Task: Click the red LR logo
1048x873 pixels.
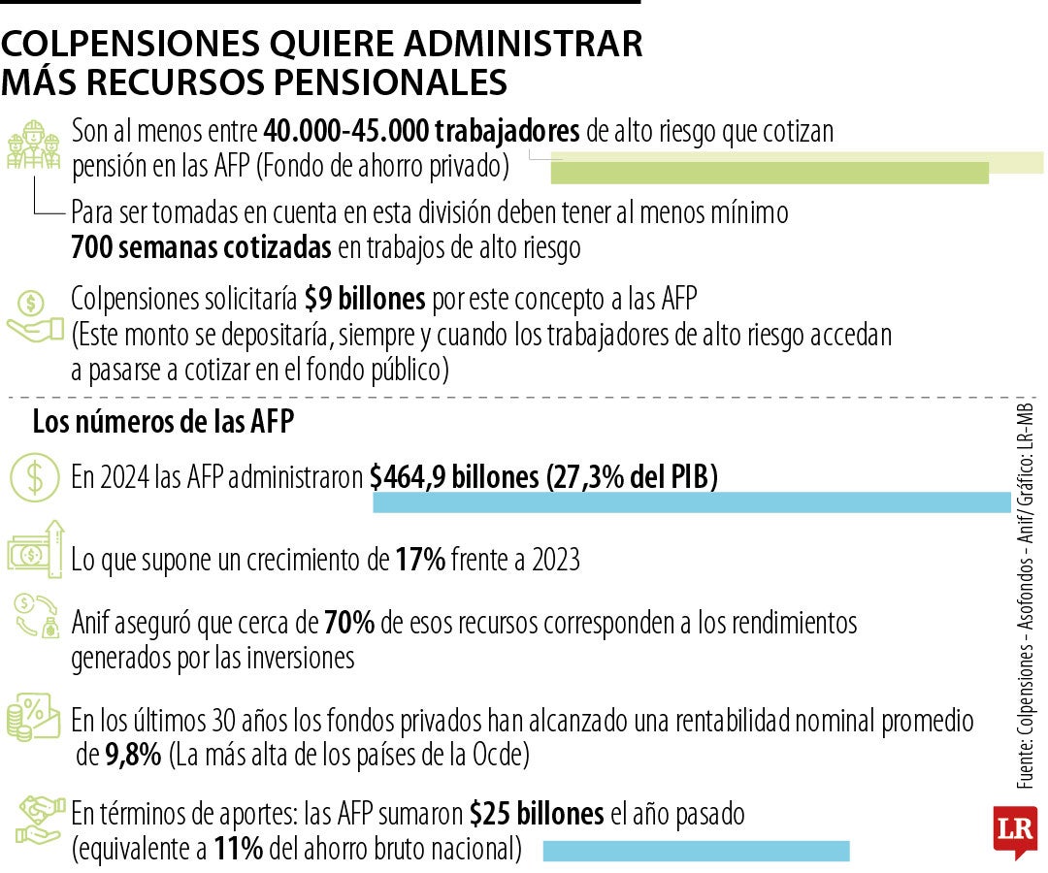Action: (x=1014, y=830)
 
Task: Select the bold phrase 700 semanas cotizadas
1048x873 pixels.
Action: (x=201, y=247)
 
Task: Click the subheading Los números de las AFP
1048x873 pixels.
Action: (x=164, y=422)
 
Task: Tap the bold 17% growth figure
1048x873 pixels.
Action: (x=420, y=560)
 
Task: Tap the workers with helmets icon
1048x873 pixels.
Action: (x=34, y=146)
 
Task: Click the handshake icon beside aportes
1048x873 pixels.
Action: (x=36, y=820)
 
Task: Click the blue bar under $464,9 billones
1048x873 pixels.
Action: (x=691, y=502)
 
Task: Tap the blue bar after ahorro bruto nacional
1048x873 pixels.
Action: (x=695, y=852)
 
